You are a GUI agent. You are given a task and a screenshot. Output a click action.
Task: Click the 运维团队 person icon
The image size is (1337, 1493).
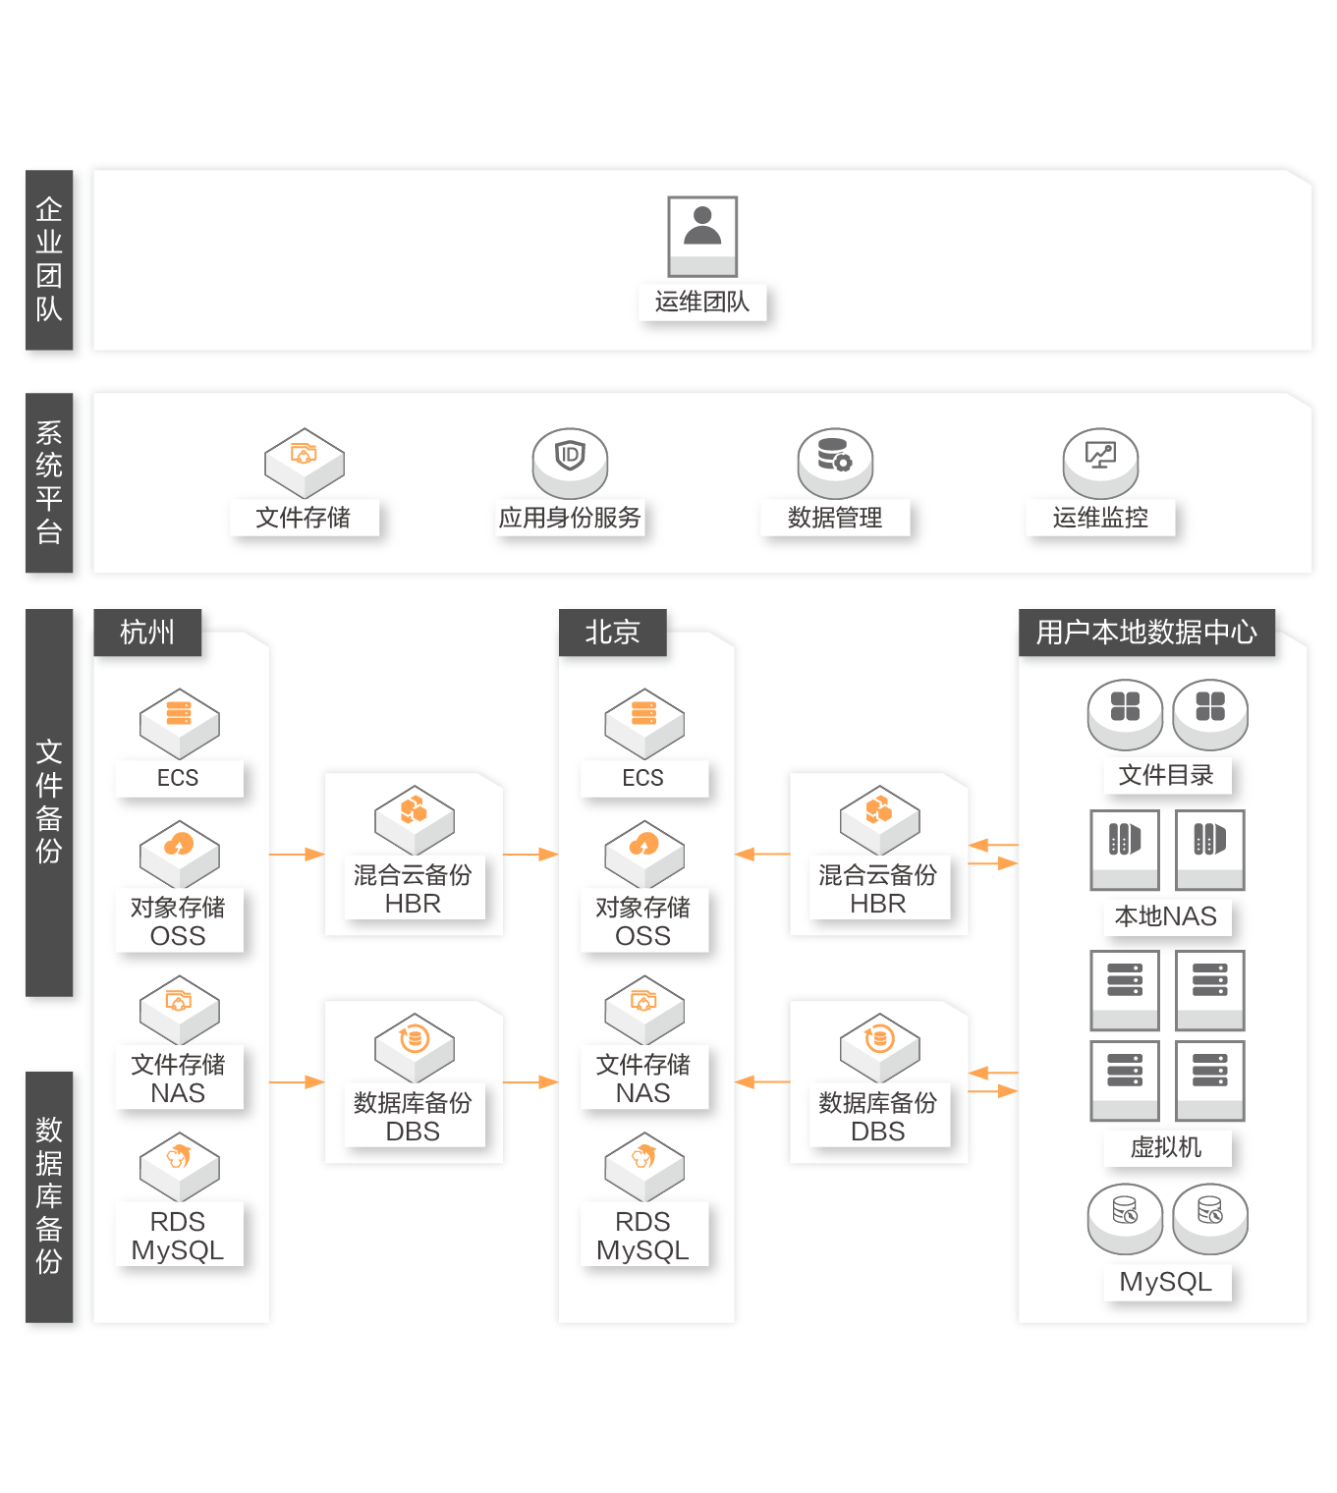pos(701,236)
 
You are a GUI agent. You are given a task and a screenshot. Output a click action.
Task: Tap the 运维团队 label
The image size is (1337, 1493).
pos(701,302)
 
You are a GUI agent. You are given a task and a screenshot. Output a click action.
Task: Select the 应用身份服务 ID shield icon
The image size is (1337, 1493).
pos(570,463)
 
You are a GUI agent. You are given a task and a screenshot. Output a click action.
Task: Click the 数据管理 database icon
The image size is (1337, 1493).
pos(835,463)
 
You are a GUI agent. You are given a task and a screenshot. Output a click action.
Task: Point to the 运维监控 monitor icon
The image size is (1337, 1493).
pos(1100,463)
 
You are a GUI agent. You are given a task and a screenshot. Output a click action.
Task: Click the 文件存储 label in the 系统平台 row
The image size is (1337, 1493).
pos(303,518)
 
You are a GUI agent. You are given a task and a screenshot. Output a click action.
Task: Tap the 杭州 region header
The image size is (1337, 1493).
pos(147,633)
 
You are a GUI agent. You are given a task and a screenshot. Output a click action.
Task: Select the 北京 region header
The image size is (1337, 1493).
pos(612,633)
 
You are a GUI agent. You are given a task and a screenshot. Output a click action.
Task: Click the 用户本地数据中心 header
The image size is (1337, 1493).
pos(1146,633)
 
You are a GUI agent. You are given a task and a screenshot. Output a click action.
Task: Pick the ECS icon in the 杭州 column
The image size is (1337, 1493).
pos(179,723)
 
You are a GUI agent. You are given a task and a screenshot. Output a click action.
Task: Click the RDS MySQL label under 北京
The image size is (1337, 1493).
pos(642,1236)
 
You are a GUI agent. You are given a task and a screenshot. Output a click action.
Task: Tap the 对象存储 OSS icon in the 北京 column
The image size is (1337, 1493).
pos(644,855)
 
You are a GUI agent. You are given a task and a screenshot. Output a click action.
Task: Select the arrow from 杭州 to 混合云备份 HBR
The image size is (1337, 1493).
pos(297,855)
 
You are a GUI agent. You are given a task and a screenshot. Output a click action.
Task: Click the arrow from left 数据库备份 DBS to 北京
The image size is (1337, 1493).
pos(530,1081)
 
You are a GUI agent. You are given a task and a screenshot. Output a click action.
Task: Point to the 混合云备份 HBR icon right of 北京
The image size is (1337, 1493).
pos(879,819)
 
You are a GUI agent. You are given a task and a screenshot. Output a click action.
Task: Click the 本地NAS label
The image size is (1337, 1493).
pos(1165,916)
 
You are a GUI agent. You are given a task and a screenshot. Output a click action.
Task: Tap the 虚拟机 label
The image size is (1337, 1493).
pos(1165,1146)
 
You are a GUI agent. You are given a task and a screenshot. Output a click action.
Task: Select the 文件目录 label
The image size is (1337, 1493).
pos(1165,775)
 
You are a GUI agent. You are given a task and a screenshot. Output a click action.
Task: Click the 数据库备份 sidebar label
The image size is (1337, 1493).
pos(49,1195)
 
